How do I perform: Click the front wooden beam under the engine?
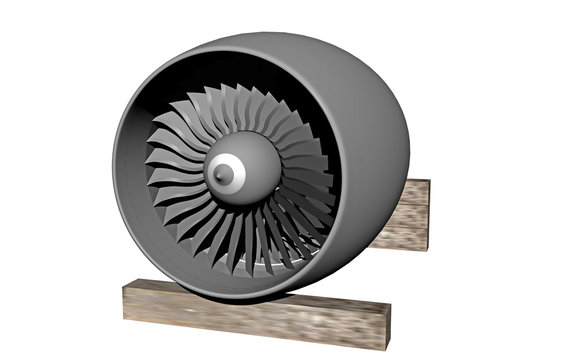pyautogui.click(x=250, y=313)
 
